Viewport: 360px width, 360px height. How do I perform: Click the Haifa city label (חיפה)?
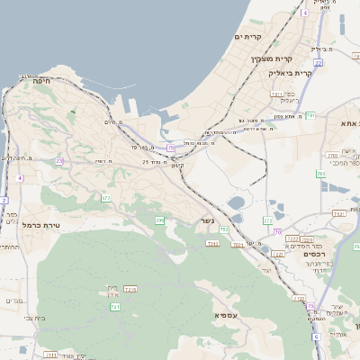click(41, 81)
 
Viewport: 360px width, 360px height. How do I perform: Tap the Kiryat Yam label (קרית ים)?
click(247, 37)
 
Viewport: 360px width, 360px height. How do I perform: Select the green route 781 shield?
click(310, 115)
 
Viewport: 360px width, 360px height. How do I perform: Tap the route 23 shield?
click(60, 161)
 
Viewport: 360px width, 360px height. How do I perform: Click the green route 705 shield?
click(160, 220)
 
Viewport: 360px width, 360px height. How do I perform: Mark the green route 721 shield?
click(115, 307)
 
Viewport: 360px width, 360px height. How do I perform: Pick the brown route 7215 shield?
click(130, 289)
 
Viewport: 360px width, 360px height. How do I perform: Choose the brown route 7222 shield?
click(306, 239)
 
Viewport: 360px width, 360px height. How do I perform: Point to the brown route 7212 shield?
click(213, 243)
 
